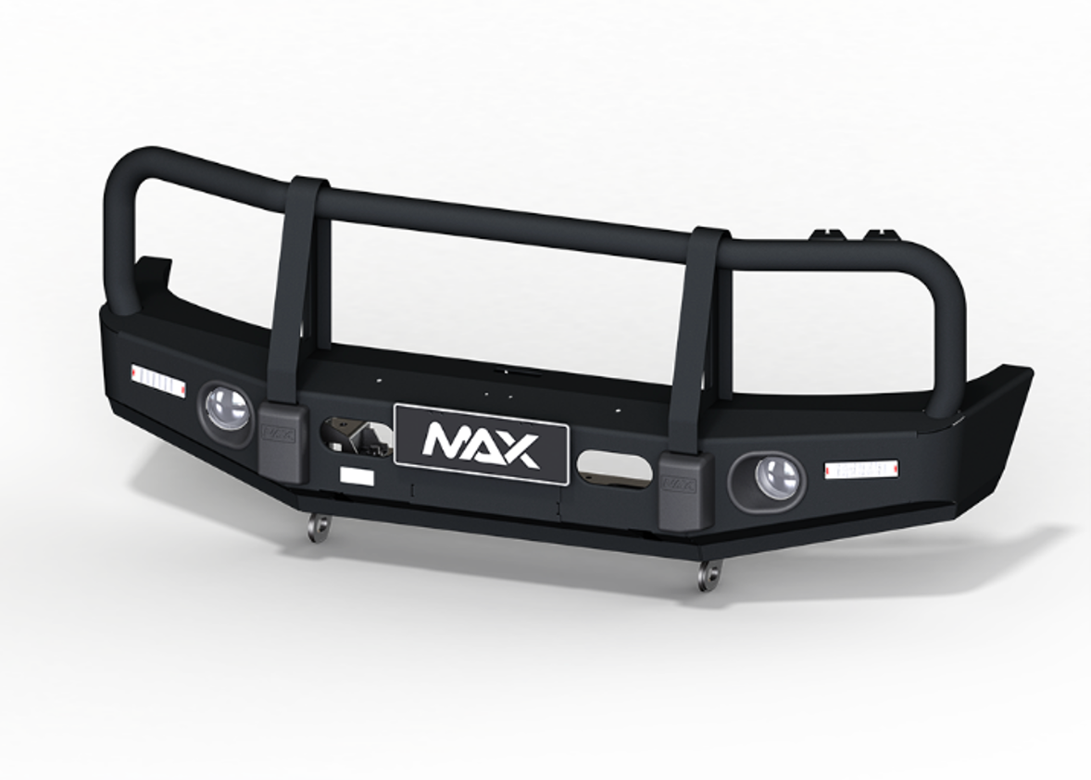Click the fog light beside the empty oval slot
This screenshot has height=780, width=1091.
(x=775, y=478)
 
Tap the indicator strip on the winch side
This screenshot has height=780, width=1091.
(x=158, y=378)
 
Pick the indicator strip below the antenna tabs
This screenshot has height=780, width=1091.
(x=860, y=469)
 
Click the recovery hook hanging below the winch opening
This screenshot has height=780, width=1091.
(x=320, y=527)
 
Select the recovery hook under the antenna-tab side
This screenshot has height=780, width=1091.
(x=709, y=576)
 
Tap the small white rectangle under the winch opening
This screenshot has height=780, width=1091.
(x=357, y=476)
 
